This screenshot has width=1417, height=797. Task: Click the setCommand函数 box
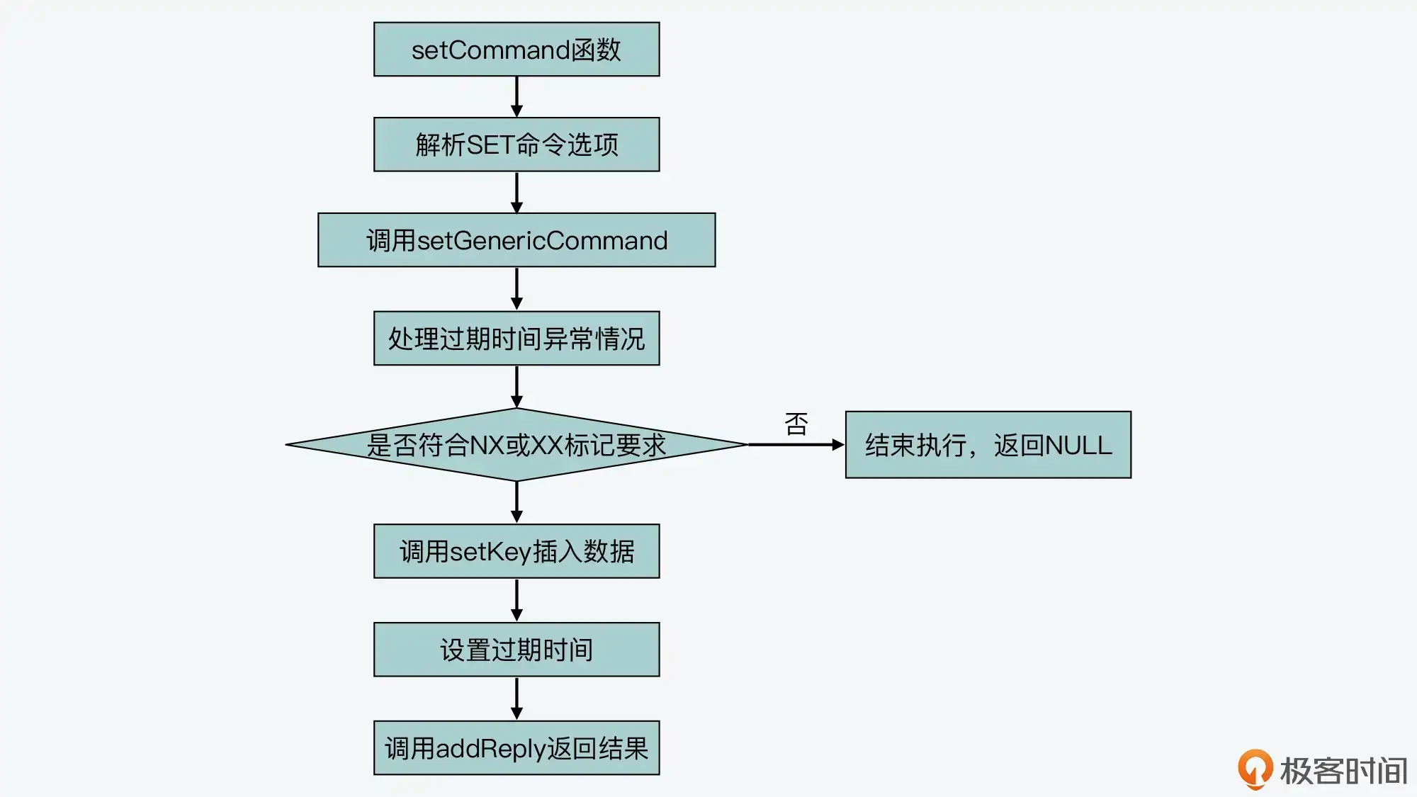pyautogui.click(x=516, y=50)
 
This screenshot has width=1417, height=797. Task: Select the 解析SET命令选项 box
pyautogui.click(x=516, y=145)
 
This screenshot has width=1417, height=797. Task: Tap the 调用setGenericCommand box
pyautogui.click(x=516, y=240)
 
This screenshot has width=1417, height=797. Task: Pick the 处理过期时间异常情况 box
pyautogui.click(x=516, y=339)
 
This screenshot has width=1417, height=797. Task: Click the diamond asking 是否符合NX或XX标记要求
pyautogui.click(x=516, y=445)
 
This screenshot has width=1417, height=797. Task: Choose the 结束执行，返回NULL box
pyautogui.click(x=988, y=445)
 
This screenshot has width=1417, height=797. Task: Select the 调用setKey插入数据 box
pyautogui.click(x=516, y=551)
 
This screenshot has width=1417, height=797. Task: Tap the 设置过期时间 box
pyautogui.click(x=516, y=650)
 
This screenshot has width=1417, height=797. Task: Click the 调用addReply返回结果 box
pyautogui.click(x=516, y=748)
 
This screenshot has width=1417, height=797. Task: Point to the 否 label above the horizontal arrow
pyautogui.click(x=796, y=424)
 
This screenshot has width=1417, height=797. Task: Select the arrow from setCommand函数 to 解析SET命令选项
pyautogui.click(x=516, y=96)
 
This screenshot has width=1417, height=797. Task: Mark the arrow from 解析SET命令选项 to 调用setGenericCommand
pyautogui.click(x=516, y=192)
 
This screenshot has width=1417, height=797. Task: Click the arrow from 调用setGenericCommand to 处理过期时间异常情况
pyautogui.click(x=516, y=288)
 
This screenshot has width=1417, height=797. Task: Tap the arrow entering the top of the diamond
pyautogui.click(x=516, y=387)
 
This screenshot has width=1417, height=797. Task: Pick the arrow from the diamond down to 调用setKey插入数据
pyautogui.click(x=516, y=502)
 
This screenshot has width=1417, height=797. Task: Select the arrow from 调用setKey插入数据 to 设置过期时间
pyautogui.click(x=516, y=600)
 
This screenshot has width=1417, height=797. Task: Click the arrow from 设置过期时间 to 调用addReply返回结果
pyautogui.click(x=516, y=699)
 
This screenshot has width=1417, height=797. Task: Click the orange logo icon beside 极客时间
pyautogui.click(x=1255, y=769)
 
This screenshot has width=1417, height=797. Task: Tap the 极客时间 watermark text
pyautogui.click(x=1343, y=771)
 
